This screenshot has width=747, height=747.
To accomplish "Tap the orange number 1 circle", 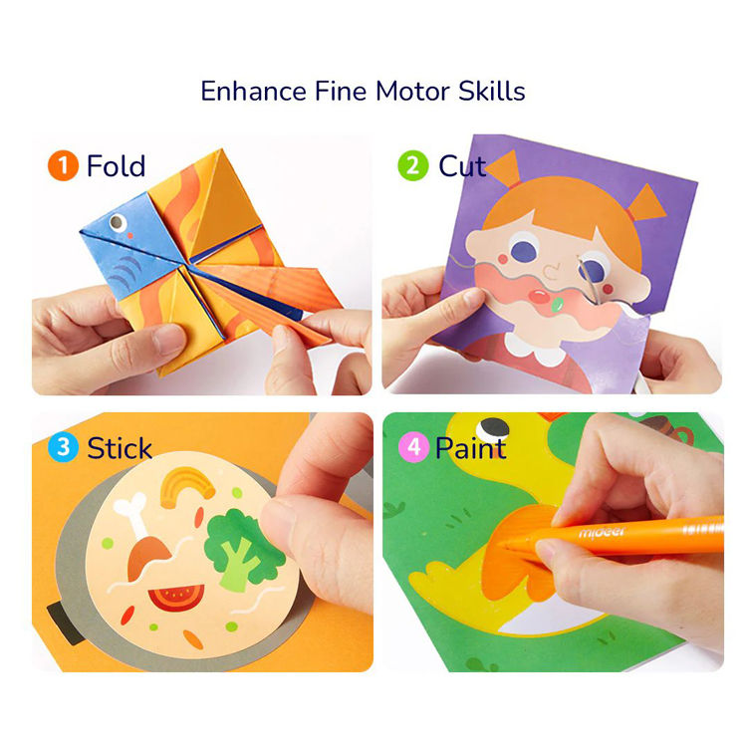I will [63, 165].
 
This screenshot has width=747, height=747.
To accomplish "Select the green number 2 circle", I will [413, 165].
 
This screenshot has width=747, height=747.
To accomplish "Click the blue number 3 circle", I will [63, 447].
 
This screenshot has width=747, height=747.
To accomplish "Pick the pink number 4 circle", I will [413, 447].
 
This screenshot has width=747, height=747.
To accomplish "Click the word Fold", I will [116, 165].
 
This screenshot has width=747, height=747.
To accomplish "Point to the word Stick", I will [121, 447].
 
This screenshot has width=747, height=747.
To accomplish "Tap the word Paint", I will [470, 447].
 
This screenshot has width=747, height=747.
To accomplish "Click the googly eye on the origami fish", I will [115, 226].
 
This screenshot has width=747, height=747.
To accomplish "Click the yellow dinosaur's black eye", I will [490, 427].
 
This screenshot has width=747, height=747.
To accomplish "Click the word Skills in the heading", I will [488, 91].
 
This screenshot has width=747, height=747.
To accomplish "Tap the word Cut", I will [462, 165].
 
